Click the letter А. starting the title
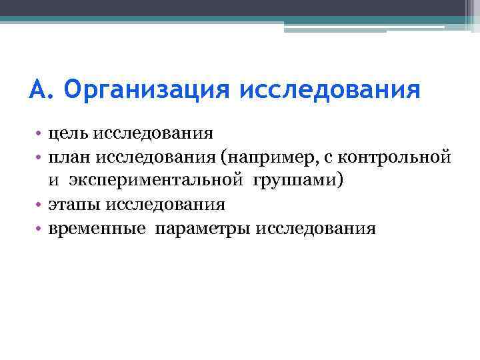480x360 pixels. pos(39,89)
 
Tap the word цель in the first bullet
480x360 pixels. pos(68,133)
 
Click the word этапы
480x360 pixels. pos(73,205)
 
